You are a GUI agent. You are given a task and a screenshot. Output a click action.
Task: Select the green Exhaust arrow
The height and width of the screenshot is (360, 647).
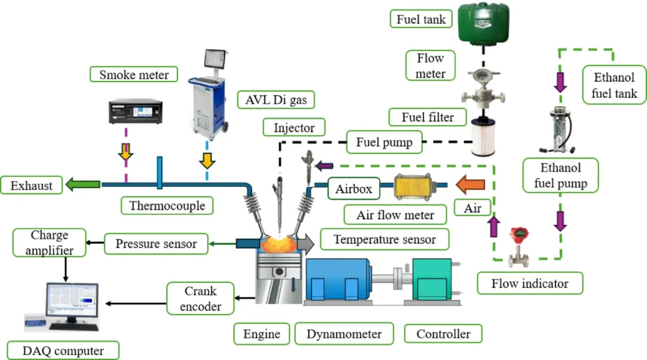point(83,185)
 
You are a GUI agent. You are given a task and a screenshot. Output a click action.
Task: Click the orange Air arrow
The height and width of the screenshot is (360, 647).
point(470,184)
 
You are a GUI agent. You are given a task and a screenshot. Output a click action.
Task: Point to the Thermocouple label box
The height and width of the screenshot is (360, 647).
point(167,205)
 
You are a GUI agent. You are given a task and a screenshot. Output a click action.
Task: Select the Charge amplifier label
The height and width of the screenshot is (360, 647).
point(49,243)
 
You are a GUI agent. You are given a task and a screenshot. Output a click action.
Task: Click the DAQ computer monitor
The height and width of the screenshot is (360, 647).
point(71,302)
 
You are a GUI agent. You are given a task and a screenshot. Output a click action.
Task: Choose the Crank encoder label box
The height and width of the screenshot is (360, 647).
point(200,299)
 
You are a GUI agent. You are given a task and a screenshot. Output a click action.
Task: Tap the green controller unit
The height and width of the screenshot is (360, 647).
point(432,280)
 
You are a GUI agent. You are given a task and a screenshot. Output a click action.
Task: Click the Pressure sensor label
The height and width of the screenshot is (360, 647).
point(155,243)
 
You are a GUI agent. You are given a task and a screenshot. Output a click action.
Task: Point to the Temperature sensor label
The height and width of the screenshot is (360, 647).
point(384,239)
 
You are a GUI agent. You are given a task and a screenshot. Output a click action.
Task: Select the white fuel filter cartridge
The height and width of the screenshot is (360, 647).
point(483,138)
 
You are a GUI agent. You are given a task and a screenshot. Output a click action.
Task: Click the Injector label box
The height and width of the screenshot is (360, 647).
point(294,128)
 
